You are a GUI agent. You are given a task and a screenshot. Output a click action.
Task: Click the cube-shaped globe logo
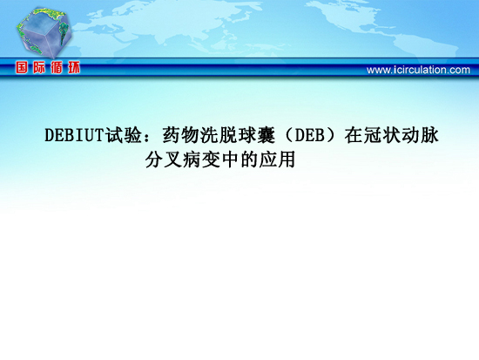click(x=44, y=32)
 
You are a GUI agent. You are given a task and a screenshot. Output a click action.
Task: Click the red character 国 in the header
click(x=22, y=67)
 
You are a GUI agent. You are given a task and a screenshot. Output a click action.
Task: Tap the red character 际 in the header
click(x=39, y=67)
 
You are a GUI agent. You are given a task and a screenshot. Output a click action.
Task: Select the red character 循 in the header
click(x=57, y=67)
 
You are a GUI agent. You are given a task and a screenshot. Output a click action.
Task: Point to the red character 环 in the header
click(x=74, y=67)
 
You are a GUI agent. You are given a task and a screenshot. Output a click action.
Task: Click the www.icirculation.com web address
click(x=418, y=70)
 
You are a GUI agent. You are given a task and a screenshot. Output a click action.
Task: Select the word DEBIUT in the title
click(x=75, y=135)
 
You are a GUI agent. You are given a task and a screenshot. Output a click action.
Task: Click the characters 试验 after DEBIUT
click(x=124, y=135)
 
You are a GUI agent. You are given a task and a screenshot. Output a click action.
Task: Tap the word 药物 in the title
click(x=181, y=135)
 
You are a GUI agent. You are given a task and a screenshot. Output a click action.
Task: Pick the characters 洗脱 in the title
click(x=219, y=135)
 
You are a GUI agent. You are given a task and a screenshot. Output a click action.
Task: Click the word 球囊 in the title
click(x=257, y=135)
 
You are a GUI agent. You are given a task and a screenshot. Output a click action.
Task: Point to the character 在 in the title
click(x=354, y=135)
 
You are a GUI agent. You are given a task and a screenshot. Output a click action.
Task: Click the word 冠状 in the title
click(x=382, y=135)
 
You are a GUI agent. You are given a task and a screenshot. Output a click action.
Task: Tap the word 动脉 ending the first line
click(x=420, y=135)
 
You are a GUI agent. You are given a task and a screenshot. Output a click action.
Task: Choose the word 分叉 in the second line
click(x=164, y=160)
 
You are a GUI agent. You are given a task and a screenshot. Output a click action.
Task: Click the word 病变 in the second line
click(x=202, y=160)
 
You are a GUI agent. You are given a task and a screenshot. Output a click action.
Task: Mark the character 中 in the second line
click(x=230, y=160)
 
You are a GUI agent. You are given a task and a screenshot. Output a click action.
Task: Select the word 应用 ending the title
click(x=277, y=160)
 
